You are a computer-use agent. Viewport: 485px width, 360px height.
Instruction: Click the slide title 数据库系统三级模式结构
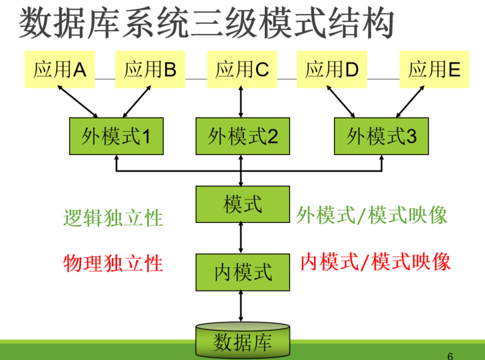coord(207,24)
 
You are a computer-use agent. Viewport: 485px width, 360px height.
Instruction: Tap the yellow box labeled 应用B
coord(150,69)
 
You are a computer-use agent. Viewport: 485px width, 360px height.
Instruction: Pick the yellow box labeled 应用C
coord(242,69)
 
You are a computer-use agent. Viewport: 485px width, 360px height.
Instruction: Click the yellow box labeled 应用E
coord(434,69)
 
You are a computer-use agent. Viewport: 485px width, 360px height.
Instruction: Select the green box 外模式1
coord(116,136)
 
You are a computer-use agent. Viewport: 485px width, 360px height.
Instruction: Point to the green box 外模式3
coord(381,136)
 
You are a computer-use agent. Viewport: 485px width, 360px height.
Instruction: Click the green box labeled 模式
coord(242,204)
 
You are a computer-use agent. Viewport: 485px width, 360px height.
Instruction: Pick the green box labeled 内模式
coord(242,271)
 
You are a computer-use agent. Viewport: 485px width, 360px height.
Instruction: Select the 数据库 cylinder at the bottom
coord(242,341)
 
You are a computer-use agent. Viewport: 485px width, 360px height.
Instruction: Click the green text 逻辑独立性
coord(113,218)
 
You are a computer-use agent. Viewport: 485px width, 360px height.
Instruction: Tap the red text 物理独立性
coord(113,263)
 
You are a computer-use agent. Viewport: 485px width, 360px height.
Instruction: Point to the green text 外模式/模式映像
coord(372,215)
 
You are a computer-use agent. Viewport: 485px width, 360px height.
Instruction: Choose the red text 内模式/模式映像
coord(375,261)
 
